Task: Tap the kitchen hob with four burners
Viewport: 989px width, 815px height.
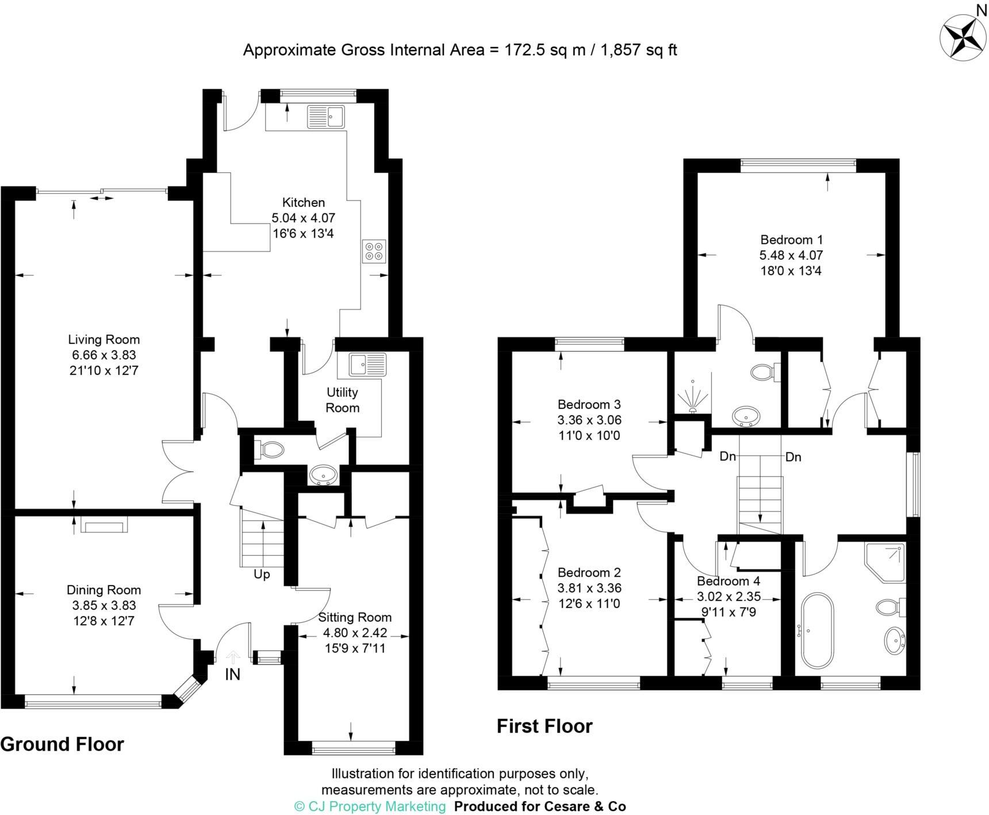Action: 374,251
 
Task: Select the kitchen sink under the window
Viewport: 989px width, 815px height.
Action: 325,117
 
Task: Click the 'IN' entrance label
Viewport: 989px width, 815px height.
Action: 232,675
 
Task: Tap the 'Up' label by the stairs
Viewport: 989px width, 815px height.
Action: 262,575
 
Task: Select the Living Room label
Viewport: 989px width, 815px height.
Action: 103,340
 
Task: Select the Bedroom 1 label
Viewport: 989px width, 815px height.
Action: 791,240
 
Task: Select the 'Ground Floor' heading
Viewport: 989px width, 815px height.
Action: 62,744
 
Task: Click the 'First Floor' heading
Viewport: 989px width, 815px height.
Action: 544,726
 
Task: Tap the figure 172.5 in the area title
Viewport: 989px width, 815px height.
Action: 526,50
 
